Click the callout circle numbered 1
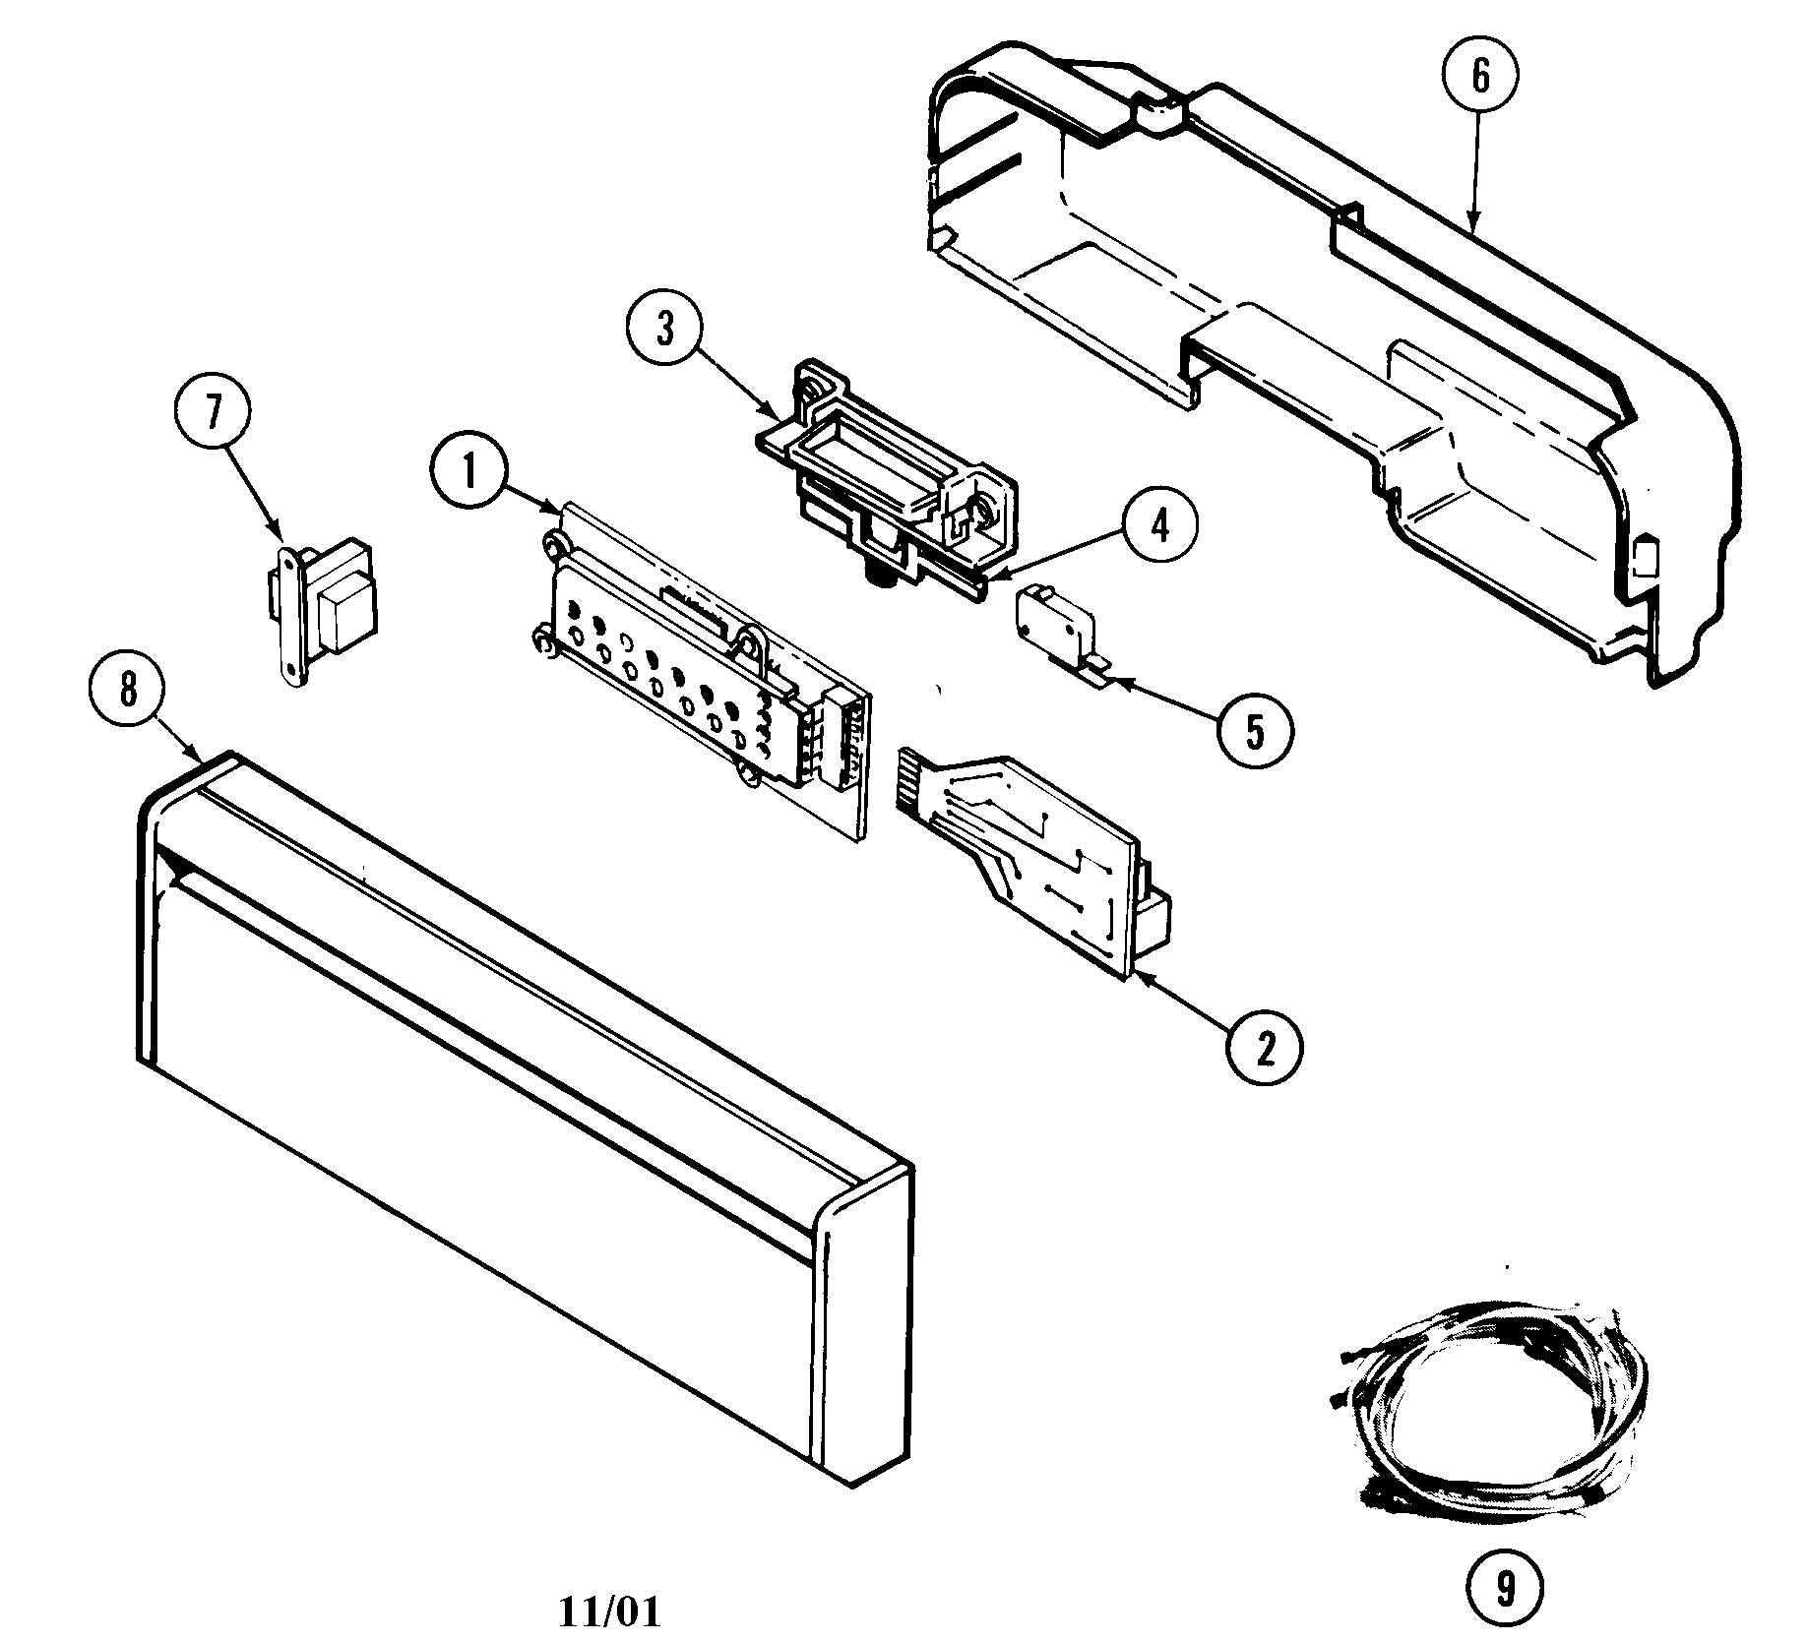point(468,470)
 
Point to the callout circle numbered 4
point(1161,526)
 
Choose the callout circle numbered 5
point(1254,730)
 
